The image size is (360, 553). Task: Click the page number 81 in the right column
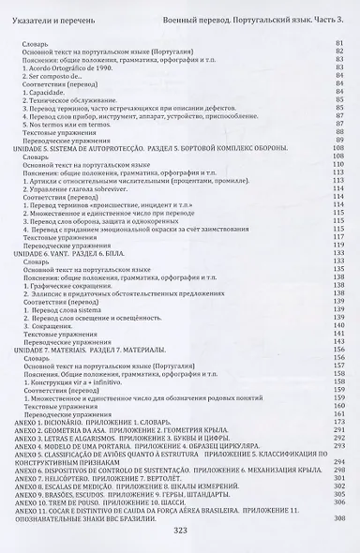tap(338, 43)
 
